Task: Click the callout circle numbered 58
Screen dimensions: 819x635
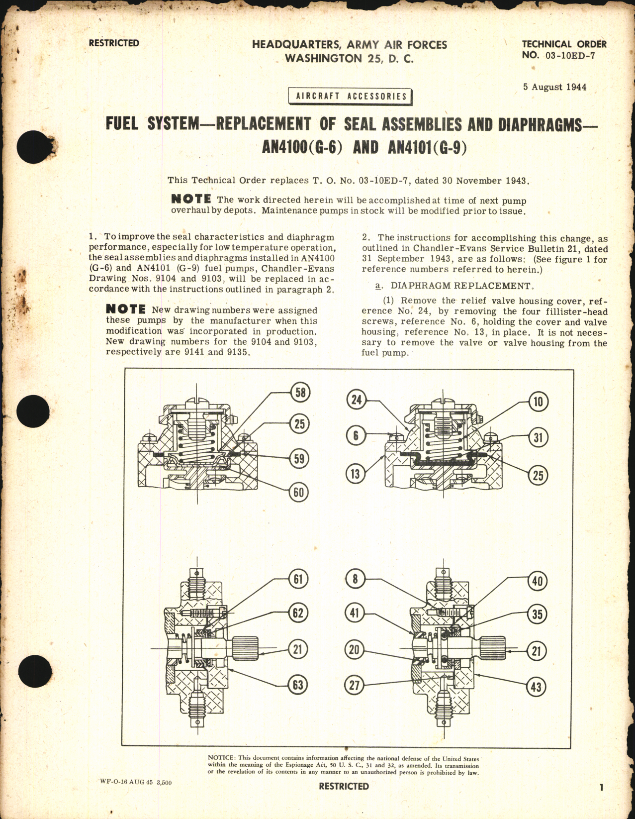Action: [300, 392]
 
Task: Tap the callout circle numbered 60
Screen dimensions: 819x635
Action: [298, 492]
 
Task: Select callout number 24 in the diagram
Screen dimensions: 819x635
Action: [356, 400]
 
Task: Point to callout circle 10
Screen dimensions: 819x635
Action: [538, 402]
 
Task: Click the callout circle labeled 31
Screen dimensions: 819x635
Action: [538, 437]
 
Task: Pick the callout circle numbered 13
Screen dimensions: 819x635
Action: [355, 473]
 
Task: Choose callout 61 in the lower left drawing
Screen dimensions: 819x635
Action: [298, 579]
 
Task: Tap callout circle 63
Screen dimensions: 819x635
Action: [298, 685]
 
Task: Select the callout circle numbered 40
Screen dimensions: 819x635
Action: [537, 581]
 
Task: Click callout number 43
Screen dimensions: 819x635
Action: [536, 687]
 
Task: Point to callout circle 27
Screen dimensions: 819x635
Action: [354, 685]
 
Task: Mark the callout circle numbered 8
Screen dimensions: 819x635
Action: [355, 579]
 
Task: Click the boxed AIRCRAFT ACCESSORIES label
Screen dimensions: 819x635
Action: [351, 96]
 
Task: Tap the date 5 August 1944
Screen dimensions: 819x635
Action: [554, 87]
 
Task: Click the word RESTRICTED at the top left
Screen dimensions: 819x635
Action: [114, 43]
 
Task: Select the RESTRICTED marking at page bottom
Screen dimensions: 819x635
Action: [344, 786]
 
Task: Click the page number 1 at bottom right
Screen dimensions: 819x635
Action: [601, 787]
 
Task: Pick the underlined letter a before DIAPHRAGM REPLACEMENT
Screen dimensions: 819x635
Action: [378, 286]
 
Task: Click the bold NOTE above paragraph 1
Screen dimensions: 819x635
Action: [191, 199]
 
